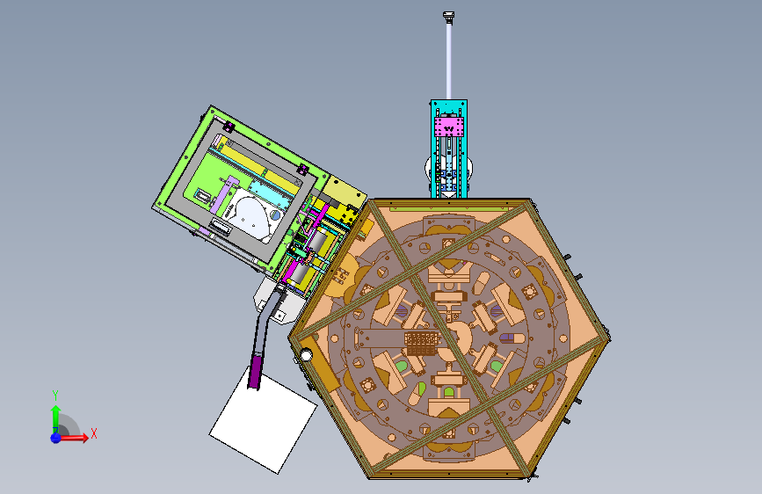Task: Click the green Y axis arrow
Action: click(55, 416)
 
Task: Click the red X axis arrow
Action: click(74, 438)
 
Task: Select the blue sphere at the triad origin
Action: click(55, 438)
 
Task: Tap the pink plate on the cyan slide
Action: click(449, 127)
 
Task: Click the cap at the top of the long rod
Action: click(448, 17)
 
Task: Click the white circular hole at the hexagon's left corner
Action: click(306, 355)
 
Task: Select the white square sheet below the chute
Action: click(264, 419)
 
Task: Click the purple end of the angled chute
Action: click(255, 372)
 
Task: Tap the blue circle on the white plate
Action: click(276, 214)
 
